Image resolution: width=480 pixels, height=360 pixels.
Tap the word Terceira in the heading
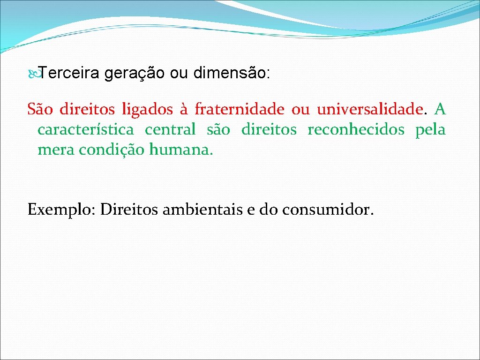69,73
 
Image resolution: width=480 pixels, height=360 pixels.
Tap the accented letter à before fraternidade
183,110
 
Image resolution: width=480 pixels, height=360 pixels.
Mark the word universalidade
370,110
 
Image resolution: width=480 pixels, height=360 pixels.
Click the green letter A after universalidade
440,110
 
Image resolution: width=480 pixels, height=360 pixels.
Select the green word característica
85,129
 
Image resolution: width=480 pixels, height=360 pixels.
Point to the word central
170,129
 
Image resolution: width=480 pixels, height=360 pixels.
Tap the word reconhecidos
356,129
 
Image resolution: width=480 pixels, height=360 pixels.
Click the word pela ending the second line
430,129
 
